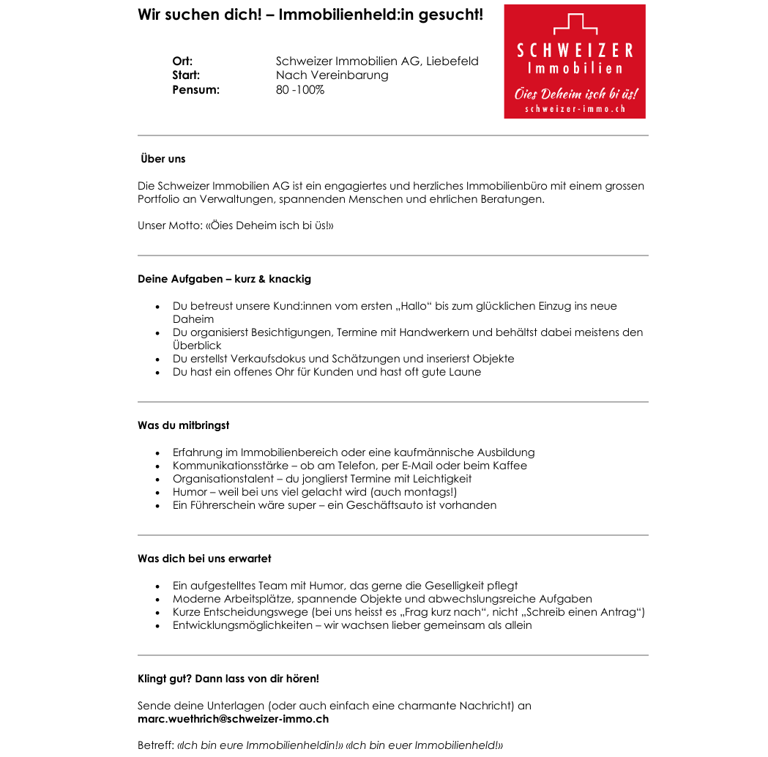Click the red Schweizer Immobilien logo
click(575, 61)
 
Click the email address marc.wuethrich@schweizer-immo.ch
click(233, 719)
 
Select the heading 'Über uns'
click(163, 159)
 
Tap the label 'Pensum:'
click(195, 90)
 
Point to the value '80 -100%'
click(300, 90)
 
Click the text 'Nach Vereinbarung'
click(332, 75)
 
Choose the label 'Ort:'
click(182, 61)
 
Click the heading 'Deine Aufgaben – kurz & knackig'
click(224, 279)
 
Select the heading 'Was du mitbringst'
click(183, 425)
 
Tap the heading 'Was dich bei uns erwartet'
click(204, 559)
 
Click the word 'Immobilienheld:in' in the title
click(337, 15)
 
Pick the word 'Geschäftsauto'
click(384, 505)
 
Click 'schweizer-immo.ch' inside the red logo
click(575, 109)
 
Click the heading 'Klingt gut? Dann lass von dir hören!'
click(228, 679)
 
